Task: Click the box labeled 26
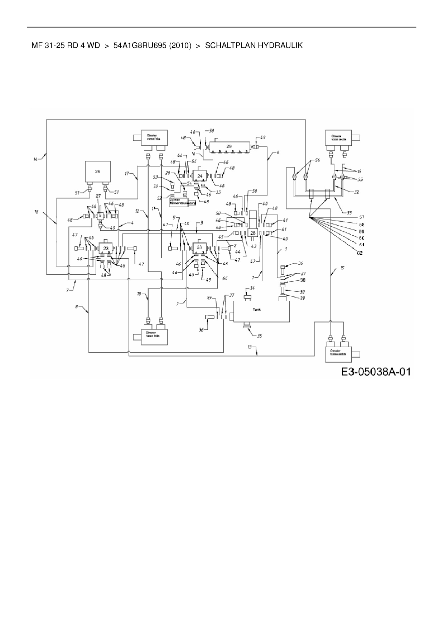[x=97, y=172]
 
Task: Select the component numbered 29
[x=229, y=146]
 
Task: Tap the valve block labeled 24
[x=200, y=176]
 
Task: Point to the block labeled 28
[x=253, y=233]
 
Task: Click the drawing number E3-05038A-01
[x=375, y=372]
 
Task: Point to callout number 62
[x=359, y=253]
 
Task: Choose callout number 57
[x=361, y=217]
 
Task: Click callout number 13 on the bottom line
[x=250, y=347]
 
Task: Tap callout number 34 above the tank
[x=252, y=288]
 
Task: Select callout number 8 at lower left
[x=76, y=306]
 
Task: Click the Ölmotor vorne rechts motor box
[x=338, y=139]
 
